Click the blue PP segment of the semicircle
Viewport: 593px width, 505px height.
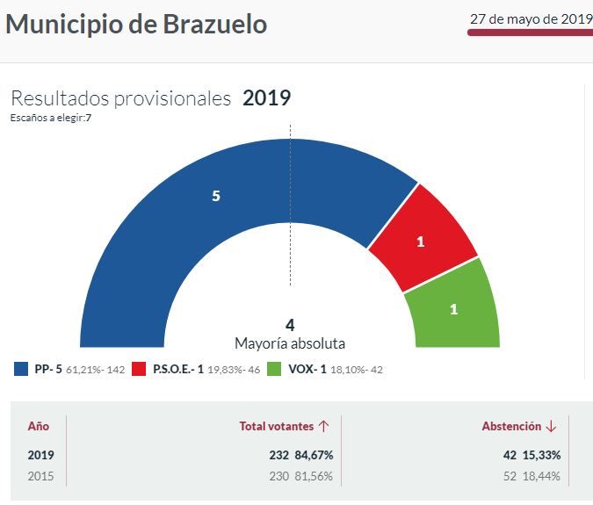176,220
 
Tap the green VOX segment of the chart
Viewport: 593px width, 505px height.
453,307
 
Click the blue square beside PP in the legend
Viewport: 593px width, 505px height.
21,370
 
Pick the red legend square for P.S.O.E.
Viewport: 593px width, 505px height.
139,370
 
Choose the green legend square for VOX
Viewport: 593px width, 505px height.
274,370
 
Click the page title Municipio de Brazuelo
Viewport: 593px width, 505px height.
136,25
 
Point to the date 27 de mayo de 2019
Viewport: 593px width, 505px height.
531,18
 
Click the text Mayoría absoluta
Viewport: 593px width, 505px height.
290,343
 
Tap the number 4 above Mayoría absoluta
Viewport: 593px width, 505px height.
290,325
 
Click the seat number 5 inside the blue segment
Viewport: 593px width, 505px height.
215,197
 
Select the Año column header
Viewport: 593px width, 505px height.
39,426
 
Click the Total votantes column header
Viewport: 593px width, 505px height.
277,426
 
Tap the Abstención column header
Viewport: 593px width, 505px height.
510,426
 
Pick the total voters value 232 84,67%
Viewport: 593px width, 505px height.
301,455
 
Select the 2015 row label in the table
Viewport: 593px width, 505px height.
40,475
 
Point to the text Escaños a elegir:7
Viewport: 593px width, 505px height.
51,118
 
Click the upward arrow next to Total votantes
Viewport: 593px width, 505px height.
324,426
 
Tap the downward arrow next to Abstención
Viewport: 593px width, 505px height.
551,426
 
